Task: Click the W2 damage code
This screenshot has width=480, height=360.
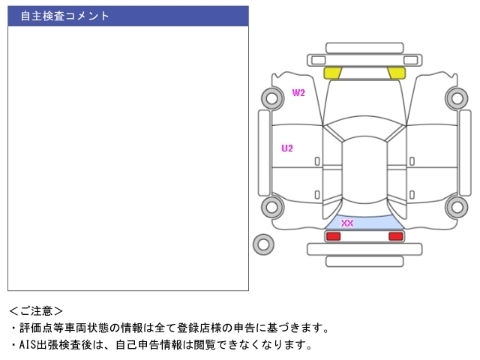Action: [x=298, y=93]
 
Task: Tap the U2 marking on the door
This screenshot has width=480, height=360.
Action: [x=287, y=148]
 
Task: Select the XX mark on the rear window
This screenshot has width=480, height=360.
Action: [x=347, y=223]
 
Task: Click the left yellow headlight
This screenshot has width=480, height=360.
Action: [x=333, y=73]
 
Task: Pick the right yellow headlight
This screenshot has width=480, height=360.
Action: [x=395, y=73]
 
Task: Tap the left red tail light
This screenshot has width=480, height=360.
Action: [x=333, y=236]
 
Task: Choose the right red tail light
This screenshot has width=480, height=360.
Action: [x=395, y=236]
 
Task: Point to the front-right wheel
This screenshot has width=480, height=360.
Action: [x=456, y=97]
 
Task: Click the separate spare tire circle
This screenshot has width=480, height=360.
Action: [x=263, y=244]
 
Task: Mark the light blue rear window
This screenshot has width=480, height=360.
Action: [x=364, y=221]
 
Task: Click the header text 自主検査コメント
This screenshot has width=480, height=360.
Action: [x=64, y=16]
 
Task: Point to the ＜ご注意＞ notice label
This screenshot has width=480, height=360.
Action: [x=36, y=310]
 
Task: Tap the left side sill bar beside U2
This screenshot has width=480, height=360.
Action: [x=263, y=154]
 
